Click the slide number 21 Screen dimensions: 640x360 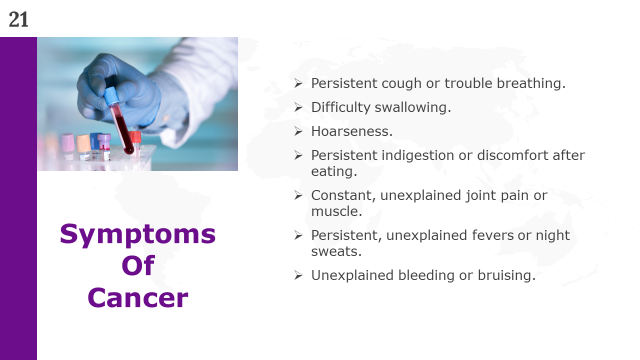pos(18,19)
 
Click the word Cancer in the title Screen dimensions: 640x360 pos(137,297)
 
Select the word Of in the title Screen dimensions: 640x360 pos(138,265)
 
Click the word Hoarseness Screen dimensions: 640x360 pos(352,131)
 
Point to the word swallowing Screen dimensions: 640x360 pos(413,108)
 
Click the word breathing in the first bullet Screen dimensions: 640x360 pos(531,83)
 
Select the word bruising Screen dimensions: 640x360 pos(506,275)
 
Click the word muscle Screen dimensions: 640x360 pos(336,211)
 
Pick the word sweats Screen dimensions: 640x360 pos(336,251)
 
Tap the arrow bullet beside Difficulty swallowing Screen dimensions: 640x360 pos(298,107)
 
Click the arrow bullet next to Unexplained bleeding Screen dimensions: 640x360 pos(298,275)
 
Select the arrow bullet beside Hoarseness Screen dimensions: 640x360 pos(298,131)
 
